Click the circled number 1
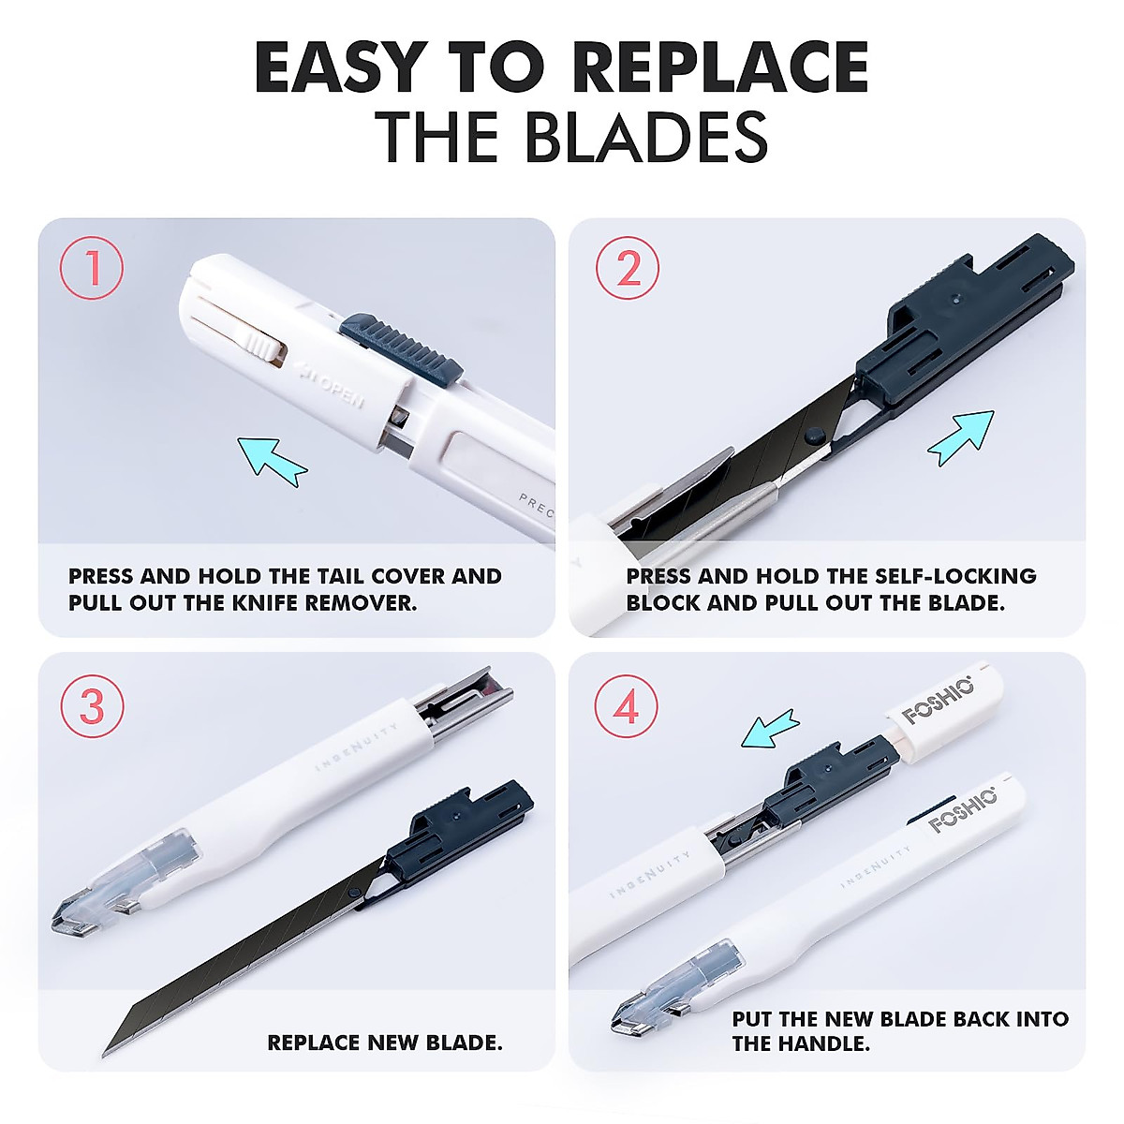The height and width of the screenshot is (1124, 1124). coord(92,269)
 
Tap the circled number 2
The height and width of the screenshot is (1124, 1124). coord(628,269)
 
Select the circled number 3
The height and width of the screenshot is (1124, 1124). coord(92,705)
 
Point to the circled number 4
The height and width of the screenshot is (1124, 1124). coord(627,705)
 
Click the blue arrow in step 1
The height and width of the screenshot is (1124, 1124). coord(272,460)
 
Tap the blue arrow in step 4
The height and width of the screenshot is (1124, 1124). coord(770,729)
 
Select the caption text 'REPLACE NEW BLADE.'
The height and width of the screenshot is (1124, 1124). coord(384,1043)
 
